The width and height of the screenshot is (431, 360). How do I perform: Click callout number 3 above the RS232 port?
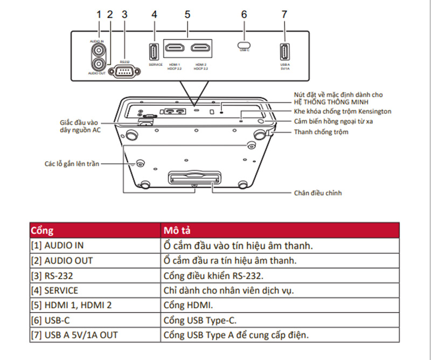point(124,15)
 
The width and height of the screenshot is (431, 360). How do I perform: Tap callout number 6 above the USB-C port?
point(244,15)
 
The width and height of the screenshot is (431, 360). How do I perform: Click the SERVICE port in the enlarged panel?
point(154,52)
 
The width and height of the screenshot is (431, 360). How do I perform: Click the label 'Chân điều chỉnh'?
point(318,192)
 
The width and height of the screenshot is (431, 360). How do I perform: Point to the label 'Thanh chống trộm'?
point(321,131)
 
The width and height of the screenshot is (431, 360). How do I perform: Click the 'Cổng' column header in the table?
point(42,230)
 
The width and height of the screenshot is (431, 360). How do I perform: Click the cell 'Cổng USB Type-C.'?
point(200,320)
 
